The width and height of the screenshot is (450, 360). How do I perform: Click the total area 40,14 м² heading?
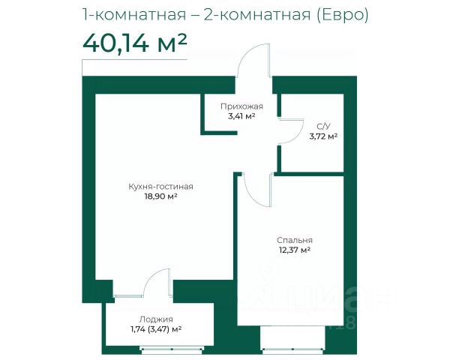135,43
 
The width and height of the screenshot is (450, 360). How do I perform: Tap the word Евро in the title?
342,14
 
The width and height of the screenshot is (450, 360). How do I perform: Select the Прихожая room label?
241,106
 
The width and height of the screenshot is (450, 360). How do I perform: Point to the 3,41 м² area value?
241,116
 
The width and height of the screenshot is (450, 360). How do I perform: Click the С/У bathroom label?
323,126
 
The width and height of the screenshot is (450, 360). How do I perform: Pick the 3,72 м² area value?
323,136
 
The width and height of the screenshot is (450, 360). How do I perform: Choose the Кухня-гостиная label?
160,187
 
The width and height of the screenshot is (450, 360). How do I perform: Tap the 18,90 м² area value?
160,196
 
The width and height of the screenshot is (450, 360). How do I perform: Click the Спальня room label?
295,240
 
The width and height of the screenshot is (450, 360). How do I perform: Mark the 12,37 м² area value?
295,250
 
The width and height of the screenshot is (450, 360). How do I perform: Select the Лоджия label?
156,319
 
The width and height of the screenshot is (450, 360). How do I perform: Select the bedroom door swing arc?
250,196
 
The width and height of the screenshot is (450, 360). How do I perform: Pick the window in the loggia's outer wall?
172,349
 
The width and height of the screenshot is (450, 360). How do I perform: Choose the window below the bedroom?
292,349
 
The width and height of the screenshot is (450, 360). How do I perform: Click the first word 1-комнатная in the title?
134,14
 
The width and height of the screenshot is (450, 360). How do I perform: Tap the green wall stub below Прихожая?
219,133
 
